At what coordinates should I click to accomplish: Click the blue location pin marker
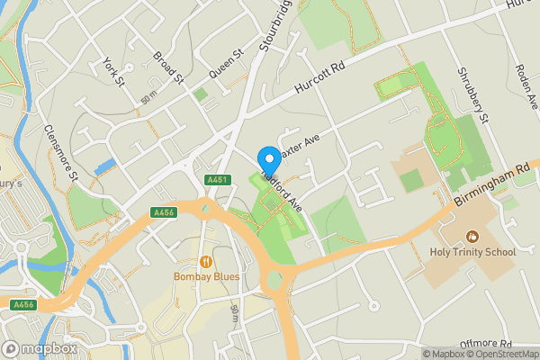(267, 157)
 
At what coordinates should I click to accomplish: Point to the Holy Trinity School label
(472, 252)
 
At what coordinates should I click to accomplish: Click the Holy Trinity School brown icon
(472, 237)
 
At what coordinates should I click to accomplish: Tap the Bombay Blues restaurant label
(207, 276)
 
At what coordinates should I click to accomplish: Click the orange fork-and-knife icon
(206, 261)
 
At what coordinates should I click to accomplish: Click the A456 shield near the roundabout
(163, 212)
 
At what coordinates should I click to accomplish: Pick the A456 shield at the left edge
(22, 305)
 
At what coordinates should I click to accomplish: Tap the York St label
(113, 72)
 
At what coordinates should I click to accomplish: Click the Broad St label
(169, 65)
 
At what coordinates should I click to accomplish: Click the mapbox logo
(40, 348)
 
